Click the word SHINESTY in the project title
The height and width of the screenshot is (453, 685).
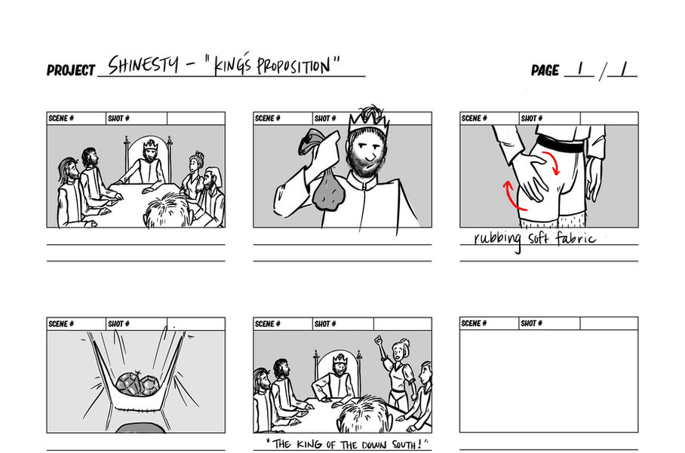click(x=143, y=65)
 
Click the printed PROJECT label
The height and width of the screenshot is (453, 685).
click(x=71, y=70)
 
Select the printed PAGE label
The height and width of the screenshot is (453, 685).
click(x=545, y=70)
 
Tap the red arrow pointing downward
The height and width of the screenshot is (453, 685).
click(x=551, y=163)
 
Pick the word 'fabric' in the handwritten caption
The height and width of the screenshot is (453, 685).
click(x=575, y=238)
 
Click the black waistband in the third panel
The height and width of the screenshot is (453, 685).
click(x=561, y=143)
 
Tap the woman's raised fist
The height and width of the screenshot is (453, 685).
click(x=378, y=339)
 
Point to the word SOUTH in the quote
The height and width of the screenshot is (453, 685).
click(x=407, y=445)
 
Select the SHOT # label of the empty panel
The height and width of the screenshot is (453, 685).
click(x=531, y=323)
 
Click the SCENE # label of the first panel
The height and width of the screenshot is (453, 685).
click(x=61, y=118)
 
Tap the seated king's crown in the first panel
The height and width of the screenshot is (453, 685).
click(x=150, y=143)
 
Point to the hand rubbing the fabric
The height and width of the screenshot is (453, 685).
click(x=530, y=176)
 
